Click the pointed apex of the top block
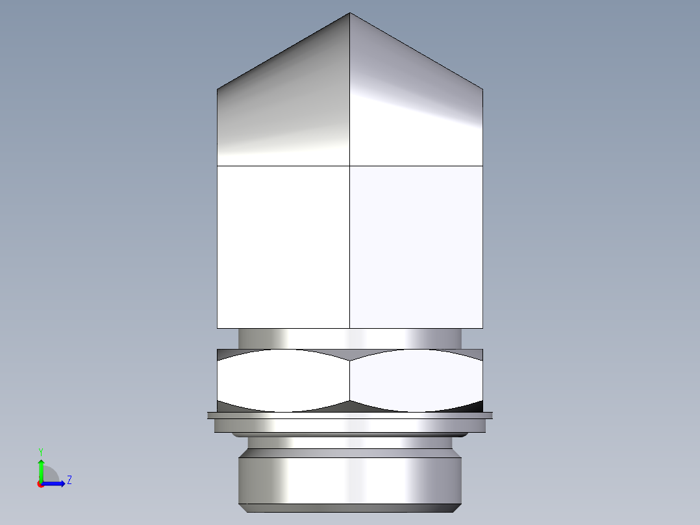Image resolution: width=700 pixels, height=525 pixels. pos(350,14)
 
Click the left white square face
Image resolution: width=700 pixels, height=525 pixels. pos(283,247)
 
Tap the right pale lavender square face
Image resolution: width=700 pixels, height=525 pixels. pos(416,247)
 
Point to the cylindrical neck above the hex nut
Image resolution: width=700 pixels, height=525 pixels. pos(350,339)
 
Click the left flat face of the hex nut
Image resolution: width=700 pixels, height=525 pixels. pos(283,381)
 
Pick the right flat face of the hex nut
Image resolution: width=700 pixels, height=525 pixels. pos(416,381)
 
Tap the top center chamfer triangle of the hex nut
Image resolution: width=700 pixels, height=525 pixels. pos(350,355)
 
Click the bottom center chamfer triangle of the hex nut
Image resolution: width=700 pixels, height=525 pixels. pos(350,406)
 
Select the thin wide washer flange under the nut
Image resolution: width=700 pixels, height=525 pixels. pos(350,415)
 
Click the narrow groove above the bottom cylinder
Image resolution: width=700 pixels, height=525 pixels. pos(350,442)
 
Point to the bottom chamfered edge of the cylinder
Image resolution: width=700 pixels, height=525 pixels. pos(350,507)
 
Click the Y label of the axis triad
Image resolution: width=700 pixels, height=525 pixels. pos(40,451)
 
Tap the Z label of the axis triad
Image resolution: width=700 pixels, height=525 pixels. pos(69,480)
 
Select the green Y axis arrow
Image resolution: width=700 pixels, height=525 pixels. pos(41,469)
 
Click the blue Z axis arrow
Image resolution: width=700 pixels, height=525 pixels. pos(55,483)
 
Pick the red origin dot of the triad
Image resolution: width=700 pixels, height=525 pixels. pos(40,484)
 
